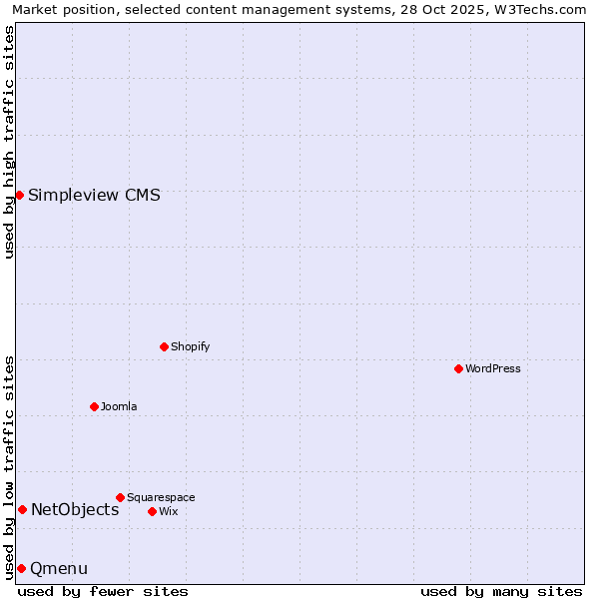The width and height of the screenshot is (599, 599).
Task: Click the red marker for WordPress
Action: (458, 368)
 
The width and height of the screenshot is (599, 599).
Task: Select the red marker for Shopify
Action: (164, 346)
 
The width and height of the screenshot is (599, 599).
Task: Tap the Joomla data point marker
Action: (94, 406)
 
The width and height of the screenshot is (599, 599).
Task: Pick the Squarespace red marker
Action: (120, 497)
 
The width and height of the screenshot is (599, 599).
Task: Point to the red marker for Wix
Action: (152, 511)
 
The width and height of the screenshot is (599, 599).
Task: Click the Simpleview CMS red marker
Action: (19, 195)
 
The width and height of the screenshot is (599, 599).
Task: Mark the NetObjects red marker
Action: (22, 509)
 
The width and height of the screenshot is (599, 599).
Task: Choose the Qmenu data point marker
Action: (21, 568)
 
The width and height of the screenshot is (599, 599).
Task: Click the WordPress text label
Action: (493, 368)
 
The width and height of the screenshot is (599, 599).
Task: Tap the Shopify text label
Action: (190, 346)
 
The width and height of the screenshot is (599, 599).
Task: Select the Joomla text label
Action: (119, 406)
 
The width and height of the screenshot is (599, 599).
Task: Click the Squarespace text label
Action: (161, 497)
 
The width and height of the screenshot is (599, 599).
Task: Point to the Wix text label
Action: (168, 511)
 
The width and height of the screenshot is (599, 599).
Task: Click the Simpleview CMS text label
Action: (94, 195)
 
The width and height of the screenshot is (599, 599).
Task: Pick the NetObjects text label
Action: (75, 509)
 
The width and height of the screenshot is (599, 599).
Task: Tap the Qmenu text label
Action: (59, 568)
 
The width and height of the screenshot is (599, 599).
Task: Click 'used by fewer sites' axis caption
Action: (103, 591)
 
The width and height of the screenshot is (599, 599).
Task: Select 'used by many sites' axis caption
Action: (501, 591)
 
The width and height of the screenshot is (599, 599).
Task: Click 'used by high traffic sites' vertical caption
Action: (9, 142)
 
